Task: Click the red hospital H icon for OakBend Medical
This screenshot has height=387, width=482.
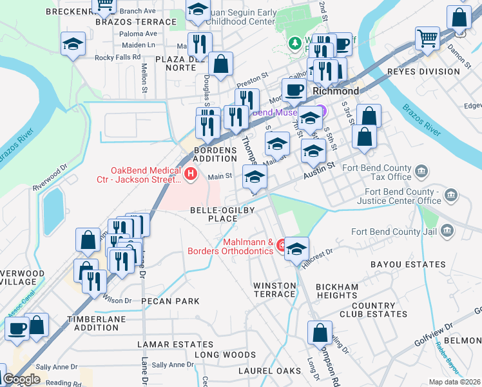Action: pyautogui.click(x=191, y=174)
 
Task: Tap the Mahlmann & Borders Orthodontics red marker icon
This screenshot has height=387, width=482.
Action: pyautogui.click(x=281, y=246)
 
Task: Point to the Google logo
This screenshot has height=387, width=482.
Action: pyautogui.click(x=21, y=379)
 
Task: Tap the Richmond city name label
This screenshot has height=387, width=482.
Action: pyautogui.click(x=335, y=91)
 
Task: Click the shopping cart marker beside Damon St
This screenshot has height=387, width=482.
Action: pyautogui.click(x=427, y=39)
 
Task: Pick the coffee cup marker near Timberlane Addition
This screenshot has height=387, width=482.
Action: pyautogui.click(x=17, y=328)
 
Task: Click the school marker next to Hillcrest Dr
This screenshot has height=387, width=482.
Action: pyautogui.click(x=296, y=249)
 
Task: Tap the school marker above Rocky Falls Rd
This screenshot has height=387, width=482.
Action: pyautogui.click(x=73, y=45)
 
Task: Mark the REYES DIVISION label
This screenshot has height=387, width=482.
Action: pyautogui.click(x=423, y=71)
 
